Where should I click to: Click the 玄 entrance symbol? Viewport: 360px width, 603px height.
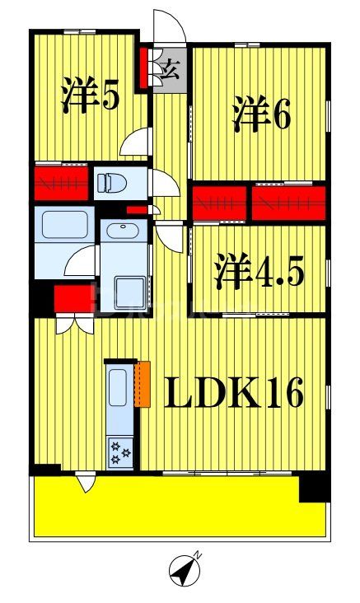[x=174, y=69]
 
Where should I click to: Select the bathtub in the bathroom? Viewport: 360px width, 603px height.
[x=63, y=224]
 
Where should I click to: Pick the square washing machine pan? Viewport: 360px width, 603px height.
[x=129, y=291]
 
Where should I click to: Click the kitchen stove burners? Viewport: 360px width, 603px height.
[x=119, y=451]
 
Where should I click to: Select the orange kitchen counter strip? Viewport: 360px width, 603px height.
[x=143, y=383]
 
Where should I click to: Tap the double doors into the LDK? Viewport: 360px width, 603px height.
[x=75, y=324]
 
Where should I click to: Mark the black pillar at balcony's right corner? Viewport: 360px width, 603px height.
[x=313, y=487]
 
